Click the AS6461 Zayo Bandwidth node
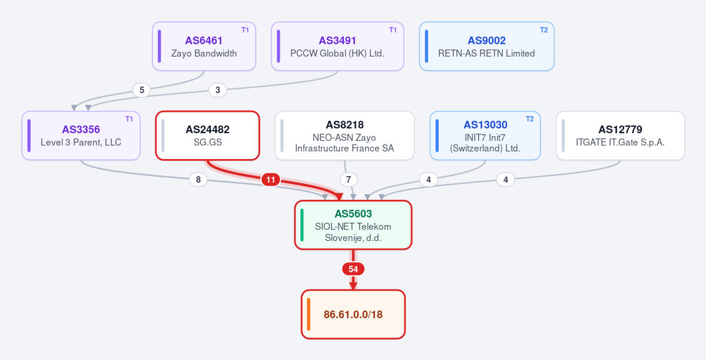pos(204,47)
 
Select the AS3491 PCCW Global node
pos(337,47)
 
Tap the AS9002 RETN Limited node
pos(487,47)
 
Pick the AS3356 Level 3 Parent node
pos(81,136)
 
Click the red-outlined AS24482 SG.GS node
pos(208,136)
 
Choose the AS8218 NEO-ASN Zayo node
pos(344,136)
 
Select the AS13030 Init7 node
pos(485,136)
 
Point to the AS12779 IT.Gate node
pos(621,136)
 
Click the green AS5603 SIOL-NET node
pos(353,225)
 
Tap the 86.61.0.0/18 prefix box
pos(353,314)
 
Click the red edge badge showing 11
pos(271,180)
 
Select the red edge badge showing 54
pos(353,269)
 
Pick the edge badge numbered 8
pos(198,180)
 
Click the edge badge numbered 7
pos(349,180)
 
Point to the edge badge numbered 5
pos(142,90)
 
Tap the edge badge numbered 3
pos(218,90)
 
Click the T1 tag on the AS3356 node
pos(129,119)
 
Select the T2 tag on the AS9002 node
pos(544,29)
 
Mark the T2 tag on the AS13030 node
pos(530,119)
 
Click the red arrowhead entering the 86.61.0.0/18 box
pos(353,286)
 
